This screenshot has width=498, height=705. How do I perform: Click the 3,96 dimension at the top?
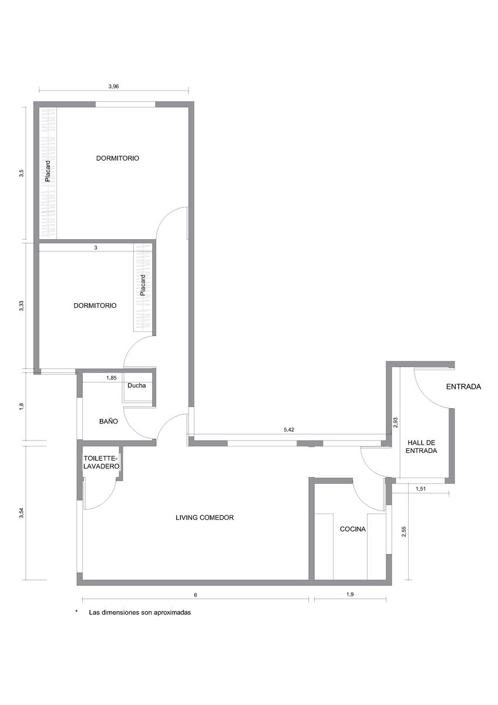(113, 86)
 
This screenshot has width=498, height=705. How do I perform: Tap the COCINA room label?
(353, 529)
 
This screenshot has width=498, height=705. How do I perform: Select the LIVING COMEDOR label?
(205, 518)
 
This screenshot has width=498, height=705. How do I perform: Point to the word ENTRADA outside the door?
(464, 387)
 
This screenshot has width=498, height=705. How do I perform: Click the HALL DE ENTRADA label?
(421, 446)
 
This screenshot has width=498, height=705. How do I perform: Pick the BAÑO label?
(109, 421)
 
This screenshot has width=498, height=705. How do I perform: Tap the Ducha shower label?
(136, 385)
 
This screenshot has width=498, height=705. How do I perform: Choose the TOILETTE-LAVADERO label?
(101, 462)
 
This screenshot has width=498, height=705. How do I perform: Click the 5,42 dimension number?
(289, 429)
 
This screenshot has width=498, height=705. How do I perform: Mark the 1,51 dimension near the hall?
(421, 489)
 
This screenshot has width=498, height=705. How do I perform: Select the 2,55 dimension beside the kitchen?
(404, 532)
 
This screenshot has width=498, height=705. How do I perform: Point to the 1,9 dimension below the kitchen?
(350, 595)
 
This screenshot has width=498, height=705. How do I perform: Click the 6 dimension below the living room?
(196, 595)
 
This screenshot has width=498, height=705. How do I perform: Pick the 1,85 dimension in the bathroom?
(112, 378)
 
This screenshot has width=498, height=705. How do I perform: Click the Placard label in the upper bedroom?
(48, 172)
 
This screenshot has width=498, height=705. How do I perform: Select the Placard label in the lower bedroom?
(143, 285)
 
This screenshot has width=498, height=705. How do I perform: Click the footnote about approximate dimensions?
(140, 612)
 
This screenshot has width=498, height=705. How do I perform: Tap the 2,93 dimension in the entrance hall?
(396, 422)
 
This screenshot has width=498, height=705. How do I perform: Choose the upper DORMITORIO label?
(117, 158)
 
